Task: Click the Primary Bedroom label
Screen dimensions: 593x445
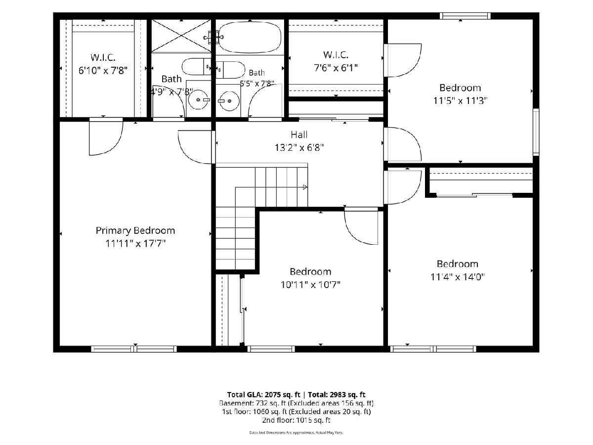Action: [x=135, y=230]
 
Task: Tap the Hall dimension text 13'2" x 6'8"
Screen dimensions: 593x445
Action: [x=299, y=147]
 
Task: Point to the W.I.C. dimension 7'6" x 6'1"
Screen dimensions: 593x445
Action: [x=336, y=68]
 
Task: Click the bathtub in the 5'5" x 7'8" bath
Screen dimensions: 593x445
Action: [x=250, y=37]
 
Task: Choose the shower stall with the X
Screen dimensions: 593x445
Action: [x=181, y=36]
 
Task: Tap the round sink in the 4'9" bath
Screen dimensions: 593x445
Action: [x=199, y=100]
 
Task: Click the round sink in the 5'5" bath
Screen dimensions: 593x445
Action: [x=229, y=101]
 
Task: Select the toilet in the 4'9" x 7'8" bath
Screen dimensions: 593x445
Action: [x=196, y=66]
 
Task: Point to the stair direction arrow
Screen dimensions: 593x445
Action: [x=305, y=187]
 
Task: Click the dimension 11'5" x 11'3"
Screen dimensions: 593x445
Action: [x=460, y=101]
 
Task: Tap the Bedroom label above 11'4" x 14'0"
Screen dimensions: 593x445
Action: [x=458, y=264]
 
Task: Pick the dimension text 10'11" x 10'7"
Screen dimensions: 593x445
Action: [x=310, y=285]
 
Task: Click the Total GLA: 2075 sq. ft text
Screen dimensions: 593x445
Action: [x=264, y=395]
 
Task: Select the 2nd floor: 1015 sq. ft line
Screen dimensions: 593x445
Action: [x=296, y=420]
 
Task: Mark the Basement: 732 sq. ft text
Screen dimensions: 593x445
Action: [x=253, y=403]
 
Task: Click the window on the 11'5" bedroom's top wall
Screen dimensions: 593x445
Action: [x=465, y=16]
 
